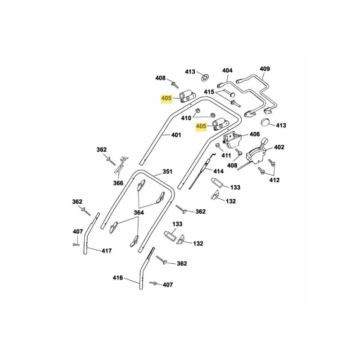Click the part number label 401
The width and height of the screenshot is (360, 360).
pyautogui.click(x=176, y=135)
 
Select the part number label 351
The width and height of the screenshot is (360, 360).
pyautogui.click(x=167, y=171)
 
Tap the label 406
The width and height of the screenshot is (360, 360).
pyautogui.click(x=254, y=134)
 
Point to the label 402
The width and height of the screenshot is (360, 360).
pyautogui.click(x=279, y=147)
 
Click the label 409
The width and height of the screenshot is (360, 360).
pyautogui.click(x=265, y=69)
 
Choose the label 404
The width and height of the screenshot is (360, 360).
pyautogui.click(x=227, y=70)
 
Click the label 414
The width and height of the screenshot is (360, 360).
pyautogui.click(x=218, y=171)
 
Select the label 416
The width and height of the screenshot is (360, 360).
pyautogui.click(x=118, y=278)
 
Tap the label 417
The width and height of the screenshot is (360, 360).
pyautogui.click(x=107, y=251)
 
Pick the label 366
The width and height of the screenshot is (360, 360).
pyautogui.click(x=118, y=183)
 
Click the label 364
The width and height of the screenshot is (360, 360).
pyautogui.click(x=139, y=212)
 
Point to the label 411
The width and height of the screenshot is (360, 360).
pyautogui.click(x=226, y=156)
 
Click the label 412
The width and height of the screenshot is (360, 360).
pyautogui.click(x=274, y=180)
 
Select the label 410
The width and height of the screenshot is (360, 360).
pyautogui.click(x=186, y=118)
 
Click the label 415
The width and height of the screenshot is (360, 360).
pyautogui.click(x=209, y=92)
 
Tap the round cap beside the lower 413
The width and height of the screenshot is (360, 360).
pyautogui.click(x=265, y=122)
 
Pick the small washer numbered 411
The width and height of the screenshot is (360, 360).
pyautogui.click(x=217, y=145)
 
